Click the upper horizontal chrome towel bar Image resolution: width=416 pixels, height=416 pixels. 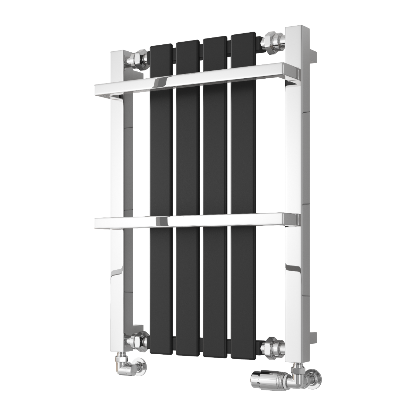pos(194,79)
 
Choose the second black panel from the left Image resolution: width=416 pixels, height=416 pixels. pos(188,156)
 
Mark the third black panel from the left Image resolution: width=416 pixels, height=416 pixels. pos(215,156)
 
